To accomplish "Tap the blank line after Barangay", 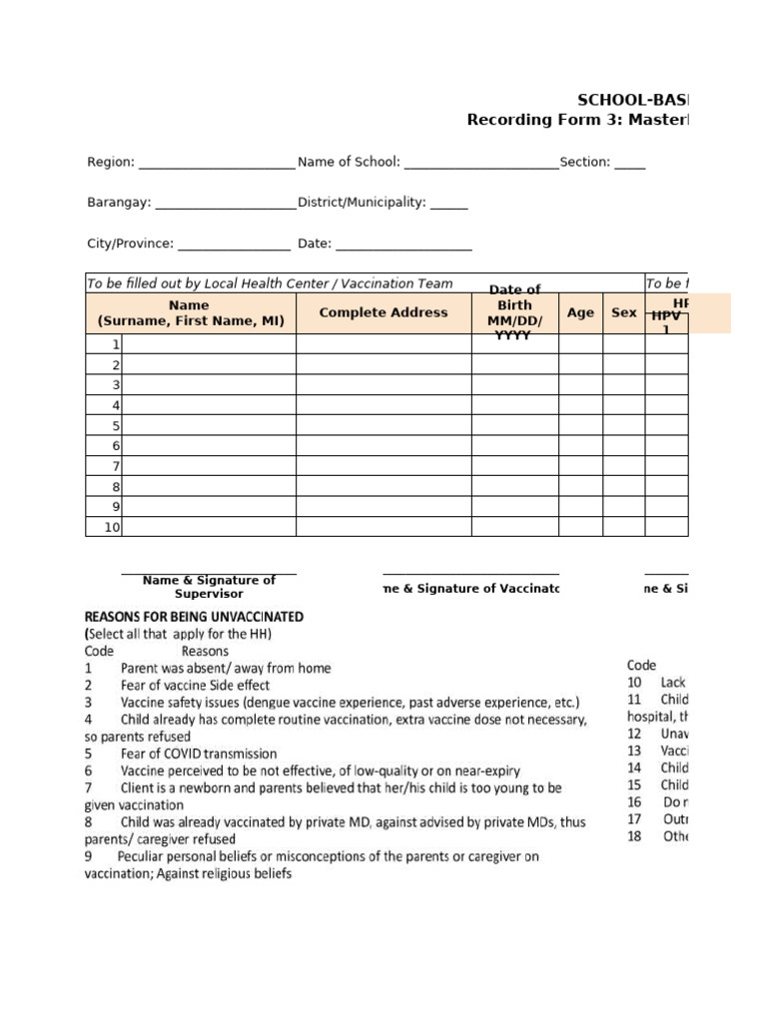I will pyautogui.click(x=226, y=204).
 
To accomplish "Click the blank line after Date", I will pyautogui.click(x=403, y=245).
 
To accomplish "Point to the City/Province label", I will pyautogui.click(x=130, y=244).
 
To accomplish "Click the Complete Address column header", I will pyautogui.click(x=383, y=312).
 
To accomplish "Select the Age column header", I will pyautogui.click(x=580, y=312).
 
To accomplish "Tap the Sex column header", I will pyautogui.click(x=624, y=312).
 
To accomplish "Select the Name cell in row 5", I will pyautogui.click(x=208, y=426).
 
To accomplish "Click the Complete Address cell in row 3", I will pyautogui.click(x=383, y=385).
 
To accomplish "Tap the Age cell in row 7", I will pyautogui.click(x=580, y=467).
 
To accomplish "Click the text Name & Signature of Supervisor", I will pyautogui.click(x=209, y=587).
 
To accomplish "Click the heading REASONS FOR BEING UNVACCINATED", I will pyautogui.click(x=195, y=617).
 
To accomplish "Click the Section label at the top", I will pyautogui.click(x=584, y=163).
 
